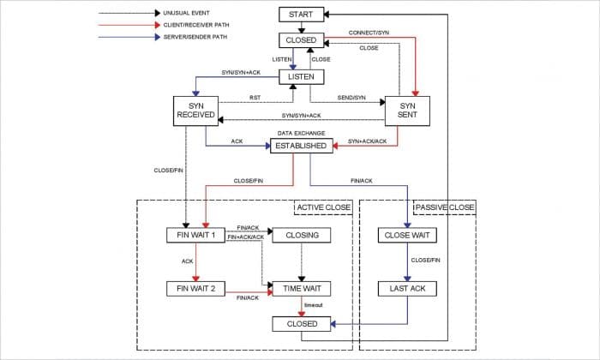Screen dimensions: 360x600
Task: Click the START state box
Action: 301,15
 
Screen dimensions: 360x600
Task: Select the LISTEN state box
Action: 301,77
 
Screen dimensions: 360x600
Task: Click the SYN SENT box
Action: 407,112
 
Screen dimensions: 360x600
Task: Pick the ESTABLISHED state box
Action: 301,147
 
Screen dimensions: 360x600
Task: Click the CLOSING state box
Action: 301,235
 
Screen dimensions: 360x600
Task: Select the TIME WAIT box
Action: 301,288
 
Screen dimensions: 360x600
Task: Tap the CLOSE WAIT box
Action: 407,235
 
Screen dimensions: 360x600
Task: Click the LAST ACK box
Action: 407,288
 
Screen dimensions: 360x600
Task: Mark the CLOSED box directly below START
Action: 301,40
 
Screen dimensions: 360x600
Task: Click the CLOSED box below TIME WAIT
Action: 301,324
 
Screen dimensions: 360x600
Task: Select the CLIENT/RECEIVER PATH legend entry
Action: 202,26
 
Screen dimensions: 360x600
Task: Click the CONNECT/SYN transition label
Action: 369,33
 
